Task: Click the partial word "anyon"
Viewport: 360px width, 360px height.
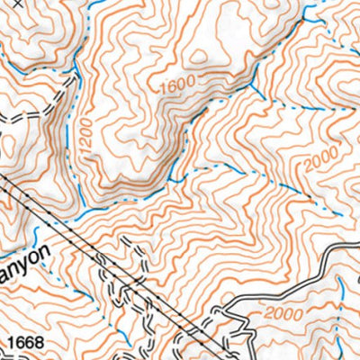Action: (28, 266)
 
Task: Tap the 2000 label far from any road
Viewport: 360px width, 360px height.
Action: (321, 161)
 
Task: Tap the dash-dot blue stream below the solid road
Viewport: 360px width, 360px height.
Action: (343, 297)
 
